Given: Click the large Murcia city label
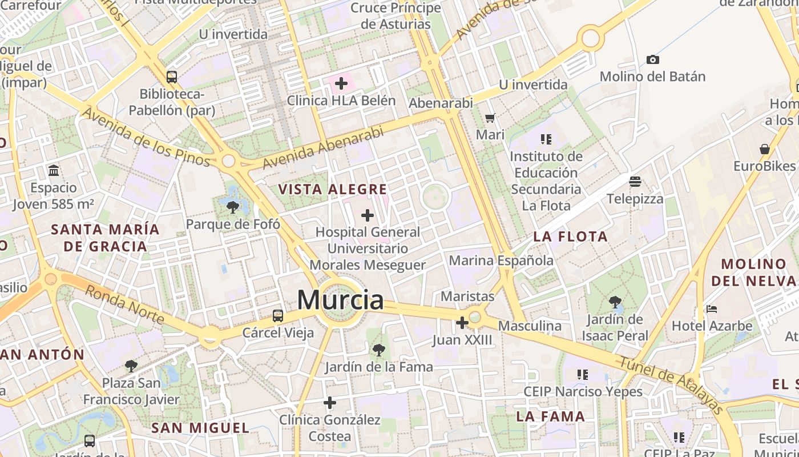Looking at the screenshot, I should pyautogui.click(x=340, y=300).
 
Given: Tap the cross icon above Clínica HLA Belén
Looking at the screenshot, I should pyautogui.click(x=341, y=84).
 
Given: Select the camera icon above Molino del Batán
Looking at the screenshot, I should pyautogui.click(x=653, y=59).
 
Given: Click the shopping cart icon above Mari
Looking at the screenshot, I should pyautogui.click(x=490, y=118).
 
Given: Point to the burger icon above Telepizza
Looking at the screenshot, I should pyautogui.click(x=635, y=182).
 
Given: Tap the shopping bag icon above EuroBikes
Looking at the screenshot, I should pyautogui.click(x=765, y=149).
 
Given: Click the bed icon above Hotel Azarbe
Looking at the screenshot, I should pyautogui.click(x=712, y=309).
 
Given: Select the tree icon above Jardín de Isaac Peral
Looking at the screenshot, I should pyautogui.click(x=615, y=302).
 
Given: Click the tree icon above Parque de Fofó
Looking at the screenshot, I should pyautogui.click(x=232, y=207).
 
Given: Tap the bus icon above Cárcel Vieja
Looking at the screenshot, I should pyautogui.click(x=278, y=315).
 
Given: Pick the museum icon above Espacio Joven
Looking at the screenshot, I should pyautogui.click(x=54, y=170).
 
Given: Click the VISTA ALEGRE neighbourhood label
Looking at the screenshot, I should pyautogui.click(x=332, y=189).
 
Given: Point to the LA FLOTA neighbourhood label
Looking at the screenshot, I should pyautogui.click(x=570, y=236).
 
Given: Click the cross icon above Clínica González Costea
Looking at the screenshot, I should pyautogui.click(x=330, y=403).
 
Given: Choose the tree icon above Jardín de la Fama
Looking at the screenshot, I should pyautogui.click(x=378, y=350).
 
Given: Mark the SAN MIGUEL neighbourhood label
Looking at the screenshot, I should pyautogui.click(x=200, y=428).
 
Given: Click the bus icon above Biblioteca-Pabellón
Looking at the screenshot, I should pyautogui.click(x=172, y=77).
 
